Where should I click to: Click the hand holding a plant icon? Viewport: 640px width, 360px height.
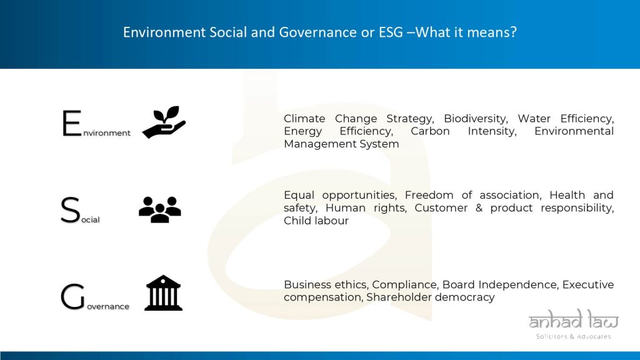pos(164,122)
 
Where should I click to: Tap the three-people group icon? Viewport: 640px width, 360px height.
pos(159,209)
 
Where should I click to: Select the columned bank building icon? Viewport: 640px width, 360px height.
pos(163,292)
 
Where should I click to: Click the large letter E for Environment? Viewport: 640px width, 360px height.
pos(72,123)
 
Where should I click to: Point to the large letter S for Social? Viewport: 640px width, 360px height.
pos(70,210)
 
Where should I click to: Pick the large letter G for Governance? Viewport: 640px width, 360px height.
pos(72,297)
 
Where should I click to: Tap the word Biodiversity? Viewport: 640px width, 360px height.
pos(476,119)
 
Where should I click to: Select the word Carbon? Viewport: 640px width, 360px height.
pos(430,131)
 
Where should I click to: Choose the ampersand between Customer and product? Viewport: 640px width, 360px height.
pos(479,207)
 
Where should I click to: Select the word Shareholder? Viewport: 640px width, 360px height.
pos(399,297)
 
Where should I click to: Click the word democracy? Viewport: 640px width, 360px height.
pos(464,297)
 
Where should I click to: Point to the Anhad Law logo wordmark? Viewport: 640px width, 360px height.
pos(574,319)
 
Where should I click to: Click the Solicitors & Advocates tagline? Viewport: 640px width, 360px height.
pos(574,336)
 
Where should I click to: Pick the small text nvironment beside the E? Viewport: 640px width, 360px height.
pos(107,133)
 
